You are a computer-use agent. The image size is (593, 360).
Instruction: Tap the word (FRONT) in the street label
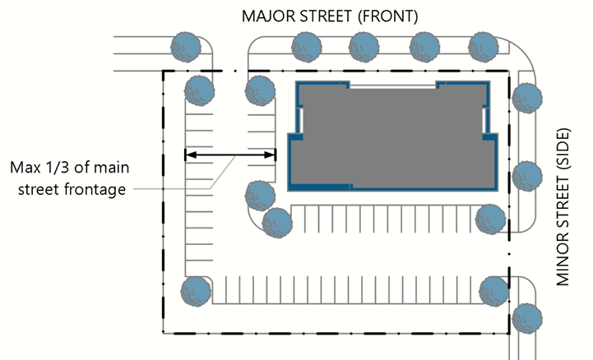click(391, 16)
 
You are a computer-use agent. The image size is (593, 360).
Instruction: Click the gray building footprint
click(391, 136)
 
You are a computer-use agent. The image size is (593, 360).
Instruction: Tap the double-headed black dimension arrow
click(229, 154)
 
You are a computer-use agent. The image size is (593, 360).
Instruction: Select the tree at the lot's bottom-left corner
click(196, 290)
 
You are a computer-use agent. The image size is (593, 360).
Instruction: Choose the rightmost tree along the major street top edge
click(484, 44)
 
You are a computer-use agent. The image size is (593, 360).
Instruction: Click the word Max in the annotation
click(25, 168)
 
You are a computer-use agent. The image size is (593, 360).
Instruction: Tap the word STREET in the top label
click(327, 16)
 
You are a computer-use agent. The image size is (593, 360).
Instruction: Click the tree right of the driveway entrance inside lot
click(260, 90)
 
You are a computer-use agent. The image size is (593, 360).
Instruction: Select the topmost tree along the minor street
click(525, 99)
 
